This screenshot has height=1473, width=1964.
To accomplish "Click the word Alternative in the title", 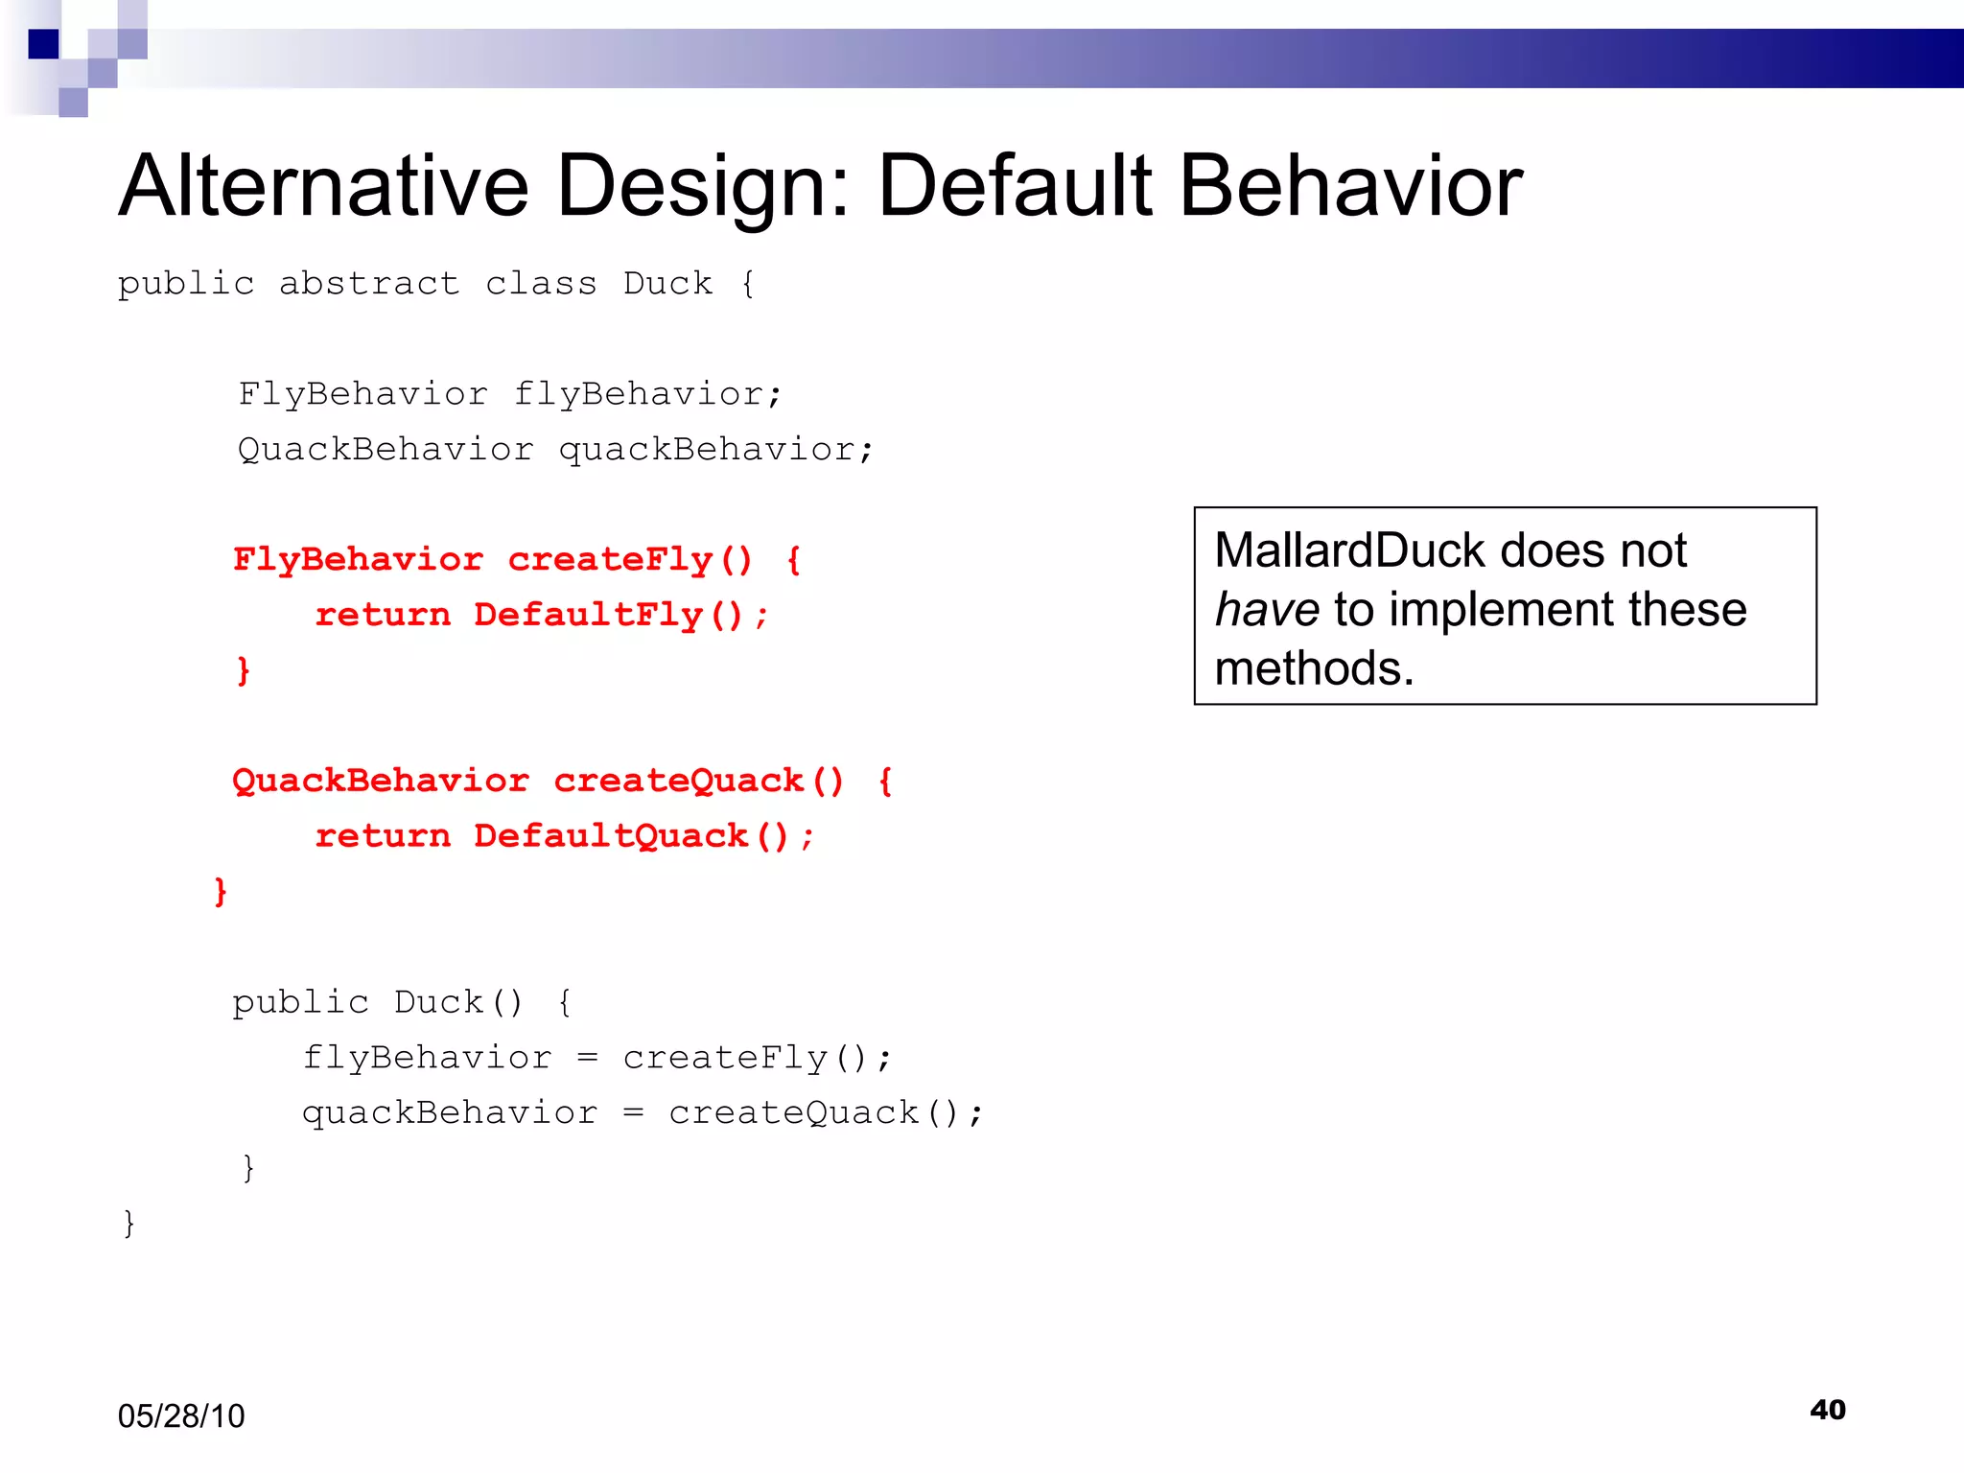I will [x=323, y=186].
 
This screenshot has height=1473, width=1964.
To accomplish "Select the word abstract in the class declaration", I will [x=369, y=284].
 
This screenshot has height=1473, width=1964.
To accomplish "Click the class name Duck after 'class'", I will [x=667, y=284].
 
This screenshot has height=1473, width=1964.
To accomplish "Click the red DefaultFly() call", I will [x=608, y=615].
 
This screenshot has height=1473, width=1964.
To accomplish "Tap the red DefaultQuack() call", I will [x=631, y=836].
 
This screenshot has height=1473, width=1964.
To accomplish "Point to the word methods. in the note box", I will [x=1314, y=668].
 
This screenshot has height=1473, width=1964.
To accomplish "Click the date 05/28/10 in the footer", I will [x=181, y=1416].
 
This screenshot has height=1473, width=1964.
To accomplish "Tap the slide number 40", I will [x=1827, y=1410].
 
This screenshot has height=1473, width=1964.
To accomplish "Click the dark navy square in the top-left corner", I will [x=44, y=44].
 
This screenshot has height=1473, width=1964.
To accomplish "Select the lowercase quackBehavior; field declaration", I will [x=715, y=450].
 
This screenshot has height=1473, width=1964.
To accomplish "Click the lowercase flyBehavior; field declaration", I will [x=648, y=394].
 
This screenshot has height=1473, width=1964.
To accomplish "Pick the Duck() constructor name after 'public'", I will [x=458, y=1003].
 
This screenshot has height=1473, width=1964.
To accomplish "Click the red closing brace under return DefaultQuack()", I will [x=221, y=891].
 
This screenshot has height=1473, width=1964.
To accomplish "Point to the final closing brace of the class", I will [x=129, y=1224].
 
